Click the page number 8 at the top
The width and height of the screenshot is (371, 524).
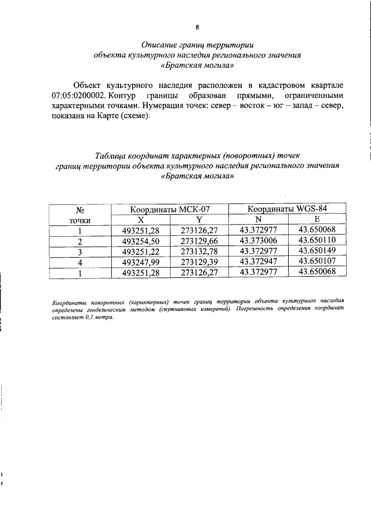click(197, 27)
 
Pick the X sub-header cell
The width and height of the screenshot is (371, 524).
click(140, 219)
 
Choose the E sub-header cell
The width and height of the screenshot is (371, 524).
click(317, 219)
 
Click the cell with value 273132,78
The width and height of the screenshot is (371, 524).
click(199, 252)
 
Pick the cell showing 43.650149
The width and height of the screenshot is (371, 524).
click(317, 252)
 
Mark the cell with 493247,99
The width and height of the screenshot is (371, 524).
click(140, 263)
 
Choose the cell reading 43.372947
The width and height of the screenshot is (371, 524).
click(258, 263)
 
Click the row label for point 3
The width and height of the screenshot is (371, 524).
click(81, 252)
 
